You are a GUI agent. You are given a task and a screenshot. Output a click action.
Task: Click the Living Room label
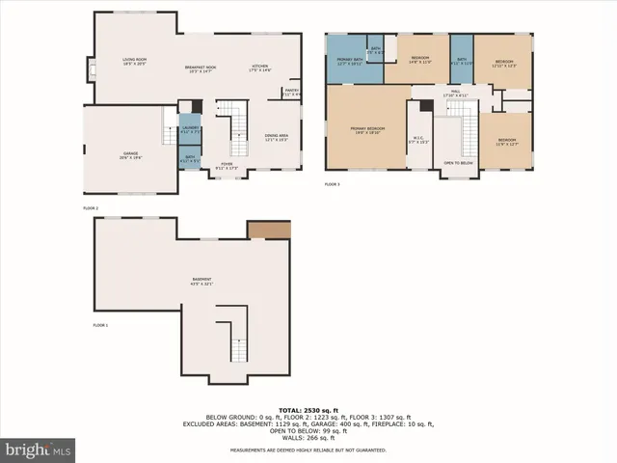pos(134,63)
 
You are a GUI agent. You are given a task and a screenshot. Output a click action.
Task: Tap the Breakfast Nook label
pos(201,68)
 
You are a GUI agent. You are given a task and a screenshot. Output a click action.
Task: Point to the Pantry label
pos(290,93)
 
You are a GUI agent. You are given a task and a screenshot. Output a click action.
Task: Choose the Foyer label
pos(227,165)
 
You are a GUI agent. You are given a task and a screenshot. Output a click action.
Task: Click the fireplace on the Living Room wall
pos(91,69)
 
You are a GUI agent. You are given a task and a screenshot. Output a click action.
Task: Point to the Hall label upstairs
pos(454,95)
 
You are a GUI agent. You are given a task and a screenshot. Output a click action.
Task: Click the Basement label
pos(201,282)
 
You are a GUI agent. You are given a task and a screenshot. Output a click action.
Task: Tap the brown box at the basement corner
pos(269,230)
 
